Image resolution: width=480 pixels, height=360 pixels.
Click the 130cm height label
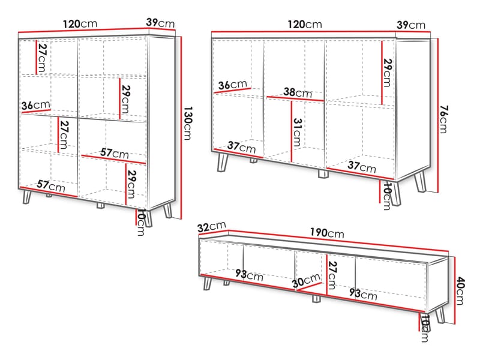coord(187,123)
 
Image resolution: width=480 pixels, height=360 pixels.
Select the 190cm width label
coord(326,233)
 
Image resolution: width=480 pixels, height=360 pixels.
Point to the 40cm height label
coord(460,291)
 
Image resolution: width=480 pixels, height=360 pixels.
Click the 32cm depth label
coord(212,227)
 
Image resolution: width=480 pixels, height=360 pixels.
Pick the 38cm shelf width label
coord(298,92)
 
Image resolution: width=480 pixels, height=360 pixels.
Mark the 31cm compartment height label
coord(297,132)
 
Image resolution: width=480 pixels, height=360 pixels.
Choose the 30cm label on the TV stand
coord(306,281)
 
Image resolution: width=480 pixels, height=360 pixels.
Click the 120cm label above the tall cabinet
coord(80,23)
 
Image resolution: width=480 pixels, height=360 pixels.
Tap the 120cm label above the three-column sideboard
coord(305,24)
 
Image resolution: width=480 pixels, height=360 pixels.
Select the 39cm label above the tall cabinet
coord(160,23)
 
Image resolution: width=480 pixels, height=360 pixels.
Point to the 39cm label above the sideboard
coord(411,25)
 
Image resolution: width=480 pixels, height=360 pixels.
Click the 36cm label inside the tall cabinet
coord(36,106)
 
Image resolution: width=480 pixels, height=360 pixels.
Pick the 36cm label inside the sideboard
coord(233,85)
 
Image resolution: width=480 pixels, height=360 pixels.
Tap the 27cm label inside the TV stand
coord(332,275)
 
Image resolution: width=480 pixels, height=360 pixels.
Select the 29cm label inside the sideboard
coord(387,73)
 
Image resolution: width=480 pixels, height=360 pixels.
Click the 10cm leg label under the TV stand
coord(425,329)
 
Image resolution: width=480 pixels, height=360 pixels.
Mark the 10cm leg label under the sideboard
coord(387,196)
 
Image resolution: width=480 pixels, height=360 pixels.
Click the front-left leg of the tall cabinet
coord(27,197)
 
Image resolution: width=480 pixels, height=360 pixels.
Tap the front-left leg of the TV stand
coord(208,283)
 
